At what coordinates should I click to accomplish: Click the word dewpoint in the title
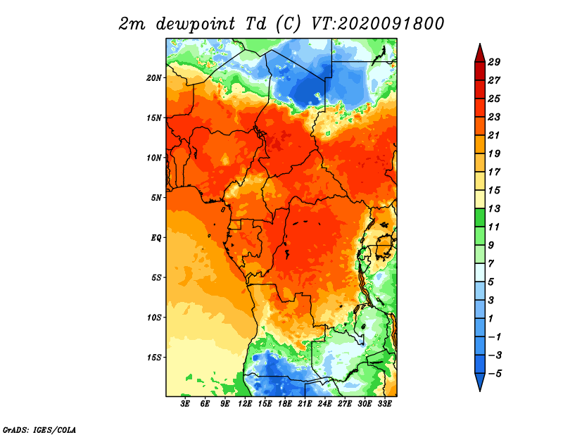(x=195, y=24)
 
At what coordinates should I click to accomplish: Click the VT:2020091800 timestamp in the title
(x=377, y=24)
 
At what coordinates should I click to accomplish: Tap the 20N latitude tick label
(x=154, y=77)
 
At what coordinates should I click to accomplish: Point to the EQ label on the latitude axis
(x=156, y=238)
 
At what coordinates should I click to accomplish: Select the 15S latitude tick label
(x=154, y=358)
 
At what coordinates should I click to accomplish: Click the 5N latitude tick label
(x=157, y=198)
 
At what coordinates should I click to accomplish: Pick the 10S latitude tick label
(x=154, y=317)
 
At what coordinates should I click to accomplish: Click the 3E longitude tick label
(x=185, y=404)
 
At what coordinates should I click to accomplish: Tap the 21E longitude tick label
(x=305, y=404)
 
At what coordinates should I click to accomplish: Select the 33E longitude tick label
(x=384, y=404)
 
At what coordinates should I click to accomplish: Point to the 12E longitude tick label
(x=245, y=404)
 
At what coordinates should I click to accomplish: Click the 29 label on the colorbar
(x=494, y=62)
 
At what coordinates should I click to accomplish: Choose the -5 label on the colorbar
(x=495, y=374)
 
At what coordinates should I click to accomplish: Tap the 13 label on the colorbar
(x=494, y=208)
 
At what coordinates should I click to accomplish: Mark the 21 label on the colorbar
(x=494, y=135)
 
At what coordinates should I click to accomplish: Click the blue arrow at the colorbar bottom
(x=480, y=381)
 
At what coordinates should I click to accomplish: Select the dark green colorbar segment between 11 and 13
(x=480, y=217)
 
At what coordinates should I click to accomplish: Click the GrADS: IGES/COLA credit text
(x=39, y=429)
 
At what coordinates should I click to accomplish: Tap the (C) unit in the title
(x=288, y=24)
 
